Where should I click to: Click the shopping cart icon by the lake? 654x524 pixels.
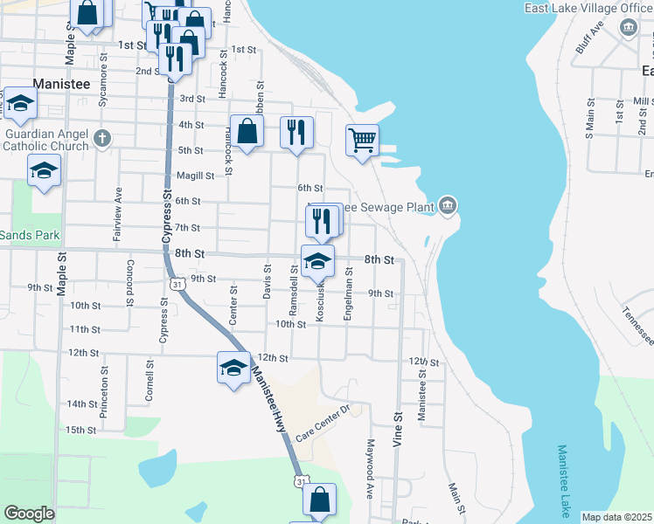pos(362,139)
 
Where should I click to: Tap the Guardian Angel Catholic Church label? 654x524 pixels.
pos(45,140)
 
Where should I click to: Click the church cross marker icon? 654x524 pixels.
pos(102,137)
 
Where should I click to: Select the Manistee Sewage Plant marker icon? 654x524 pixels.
pos(448,206)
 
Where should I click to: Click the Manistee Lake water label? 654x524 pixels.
pos(564,479)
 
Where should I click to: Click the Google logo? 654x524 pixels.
pos(29,514)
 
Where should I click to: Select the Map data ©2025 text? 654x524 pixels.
pos(616,517)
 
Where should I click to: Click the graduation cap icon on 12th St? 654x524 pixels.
pos(233,367)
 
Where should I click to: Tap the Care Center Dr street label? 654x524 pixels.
pos(322,422)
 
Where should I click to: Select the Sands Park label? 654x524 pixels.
pos(29,235)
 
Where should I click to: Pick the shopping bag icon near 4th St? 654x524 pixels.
pos(247,131)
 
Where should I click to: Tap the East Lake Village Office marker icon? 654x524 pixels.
pos(628,28)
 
